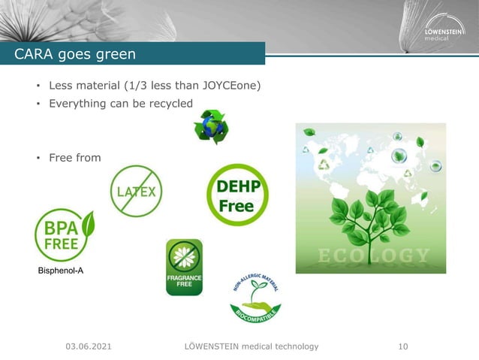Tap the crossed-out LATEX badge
pos(136,191)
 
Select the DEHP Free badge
pos(237,195)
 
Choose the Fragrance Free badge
pos(184,268)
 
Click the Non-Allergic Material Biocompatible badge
pos(255,298)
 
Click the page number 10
pos(403,346)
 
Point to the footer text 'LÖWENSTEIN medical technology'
pos(252,346)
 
